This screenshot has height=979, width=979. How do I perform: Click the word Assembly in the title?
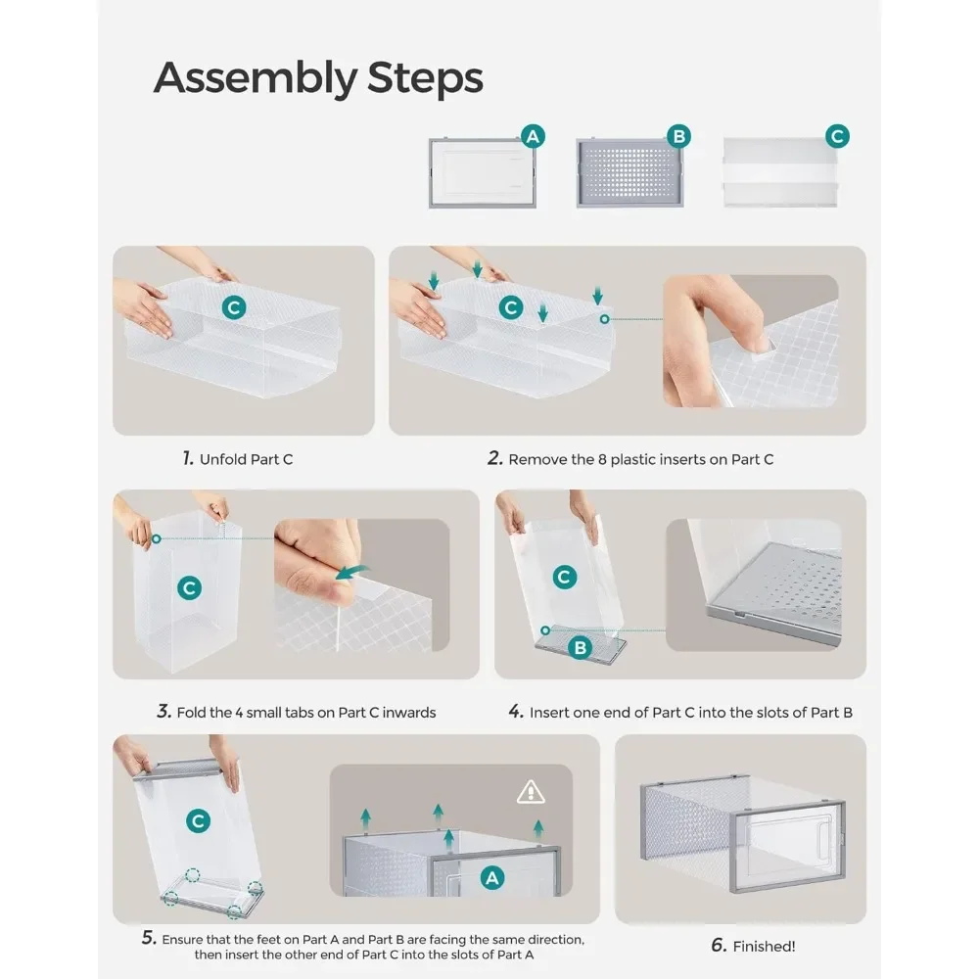point(255,78)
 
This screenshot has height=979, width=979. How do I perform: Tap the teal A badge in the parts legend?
point(533,136)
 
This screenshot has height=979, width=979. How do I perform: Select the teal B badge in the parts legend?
point(678,136)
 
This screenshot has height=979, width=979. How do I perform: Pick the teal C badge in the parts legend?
point(837,136)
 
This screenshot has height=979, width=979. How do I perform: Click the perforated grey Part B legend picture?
point(629,172)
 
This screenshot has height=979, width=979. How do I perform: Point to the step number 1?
point(188,459)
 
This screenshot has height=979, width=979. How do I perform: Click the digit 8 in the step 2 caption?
point(602,459)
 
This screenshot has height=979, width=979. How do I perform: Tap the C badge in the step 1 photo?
point(234,307)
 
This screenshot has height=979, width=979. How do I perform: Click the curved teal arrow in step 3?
point(352,572)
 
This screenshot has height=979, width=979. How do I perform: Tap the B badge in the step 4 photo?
point(580,647)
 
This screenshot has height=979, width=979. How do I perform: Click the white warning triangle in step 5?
point(531,792)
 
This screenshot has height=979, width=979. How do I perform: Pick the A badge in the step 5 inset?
point(492,878)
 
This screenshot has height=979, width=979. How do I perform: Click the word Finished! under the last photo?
point(765,947)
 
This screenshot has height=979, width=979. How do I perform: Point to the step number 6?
point(719,946)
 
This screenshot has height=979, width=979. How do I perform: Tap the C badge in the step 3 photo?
point(189,587)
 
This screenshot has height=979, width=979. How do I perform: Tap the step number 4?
point(516,711)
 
